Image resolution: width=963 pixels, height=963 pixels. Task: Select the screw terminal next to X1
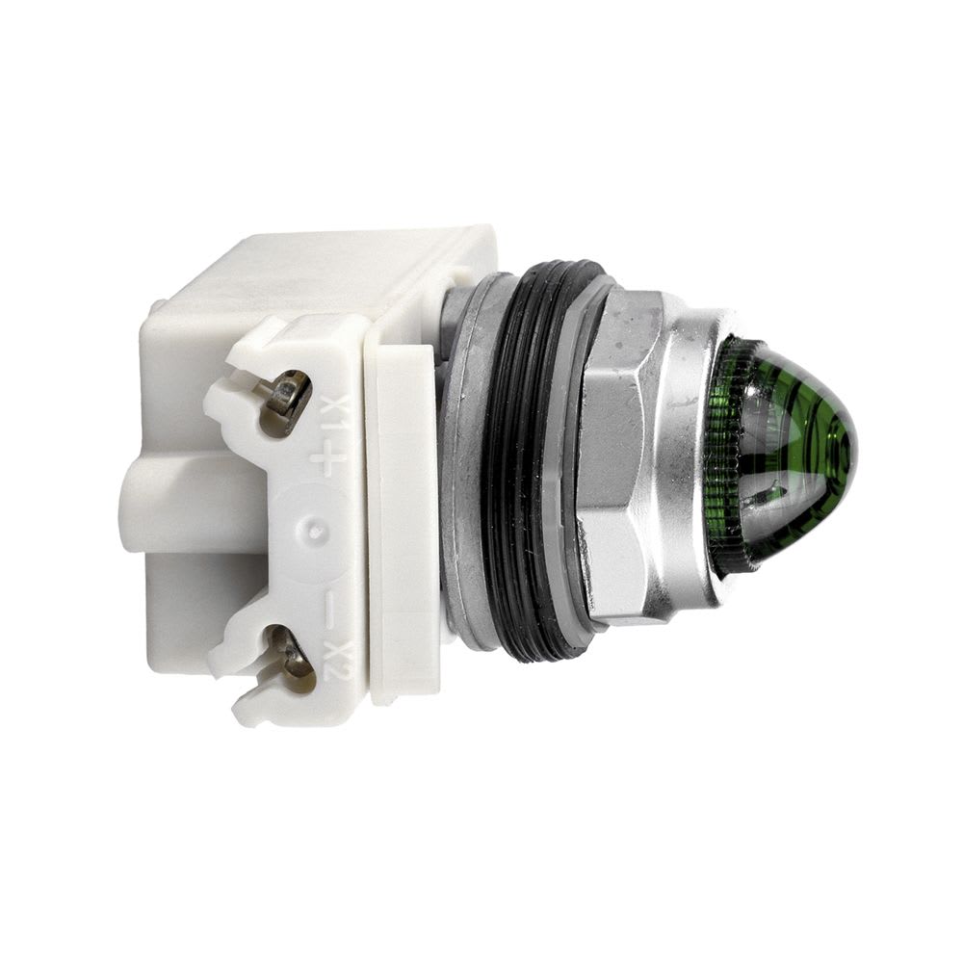[x=287, y=396]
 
